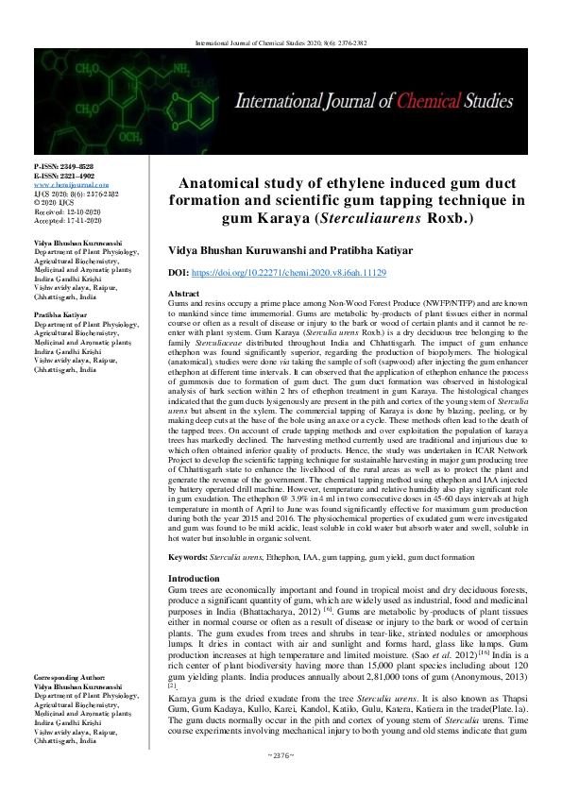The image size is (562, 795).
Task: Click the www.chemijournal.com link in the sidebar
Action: [68, 185]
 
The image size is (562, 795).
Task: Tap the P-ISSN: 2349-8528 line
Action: [64, 165]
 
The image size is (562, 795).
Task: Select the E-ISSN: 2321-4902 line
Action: [64, 175]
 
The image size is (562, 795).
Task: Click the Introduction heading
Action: [194, 578]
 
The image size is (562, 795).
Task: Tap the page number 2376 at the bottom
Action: [281, 780]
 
